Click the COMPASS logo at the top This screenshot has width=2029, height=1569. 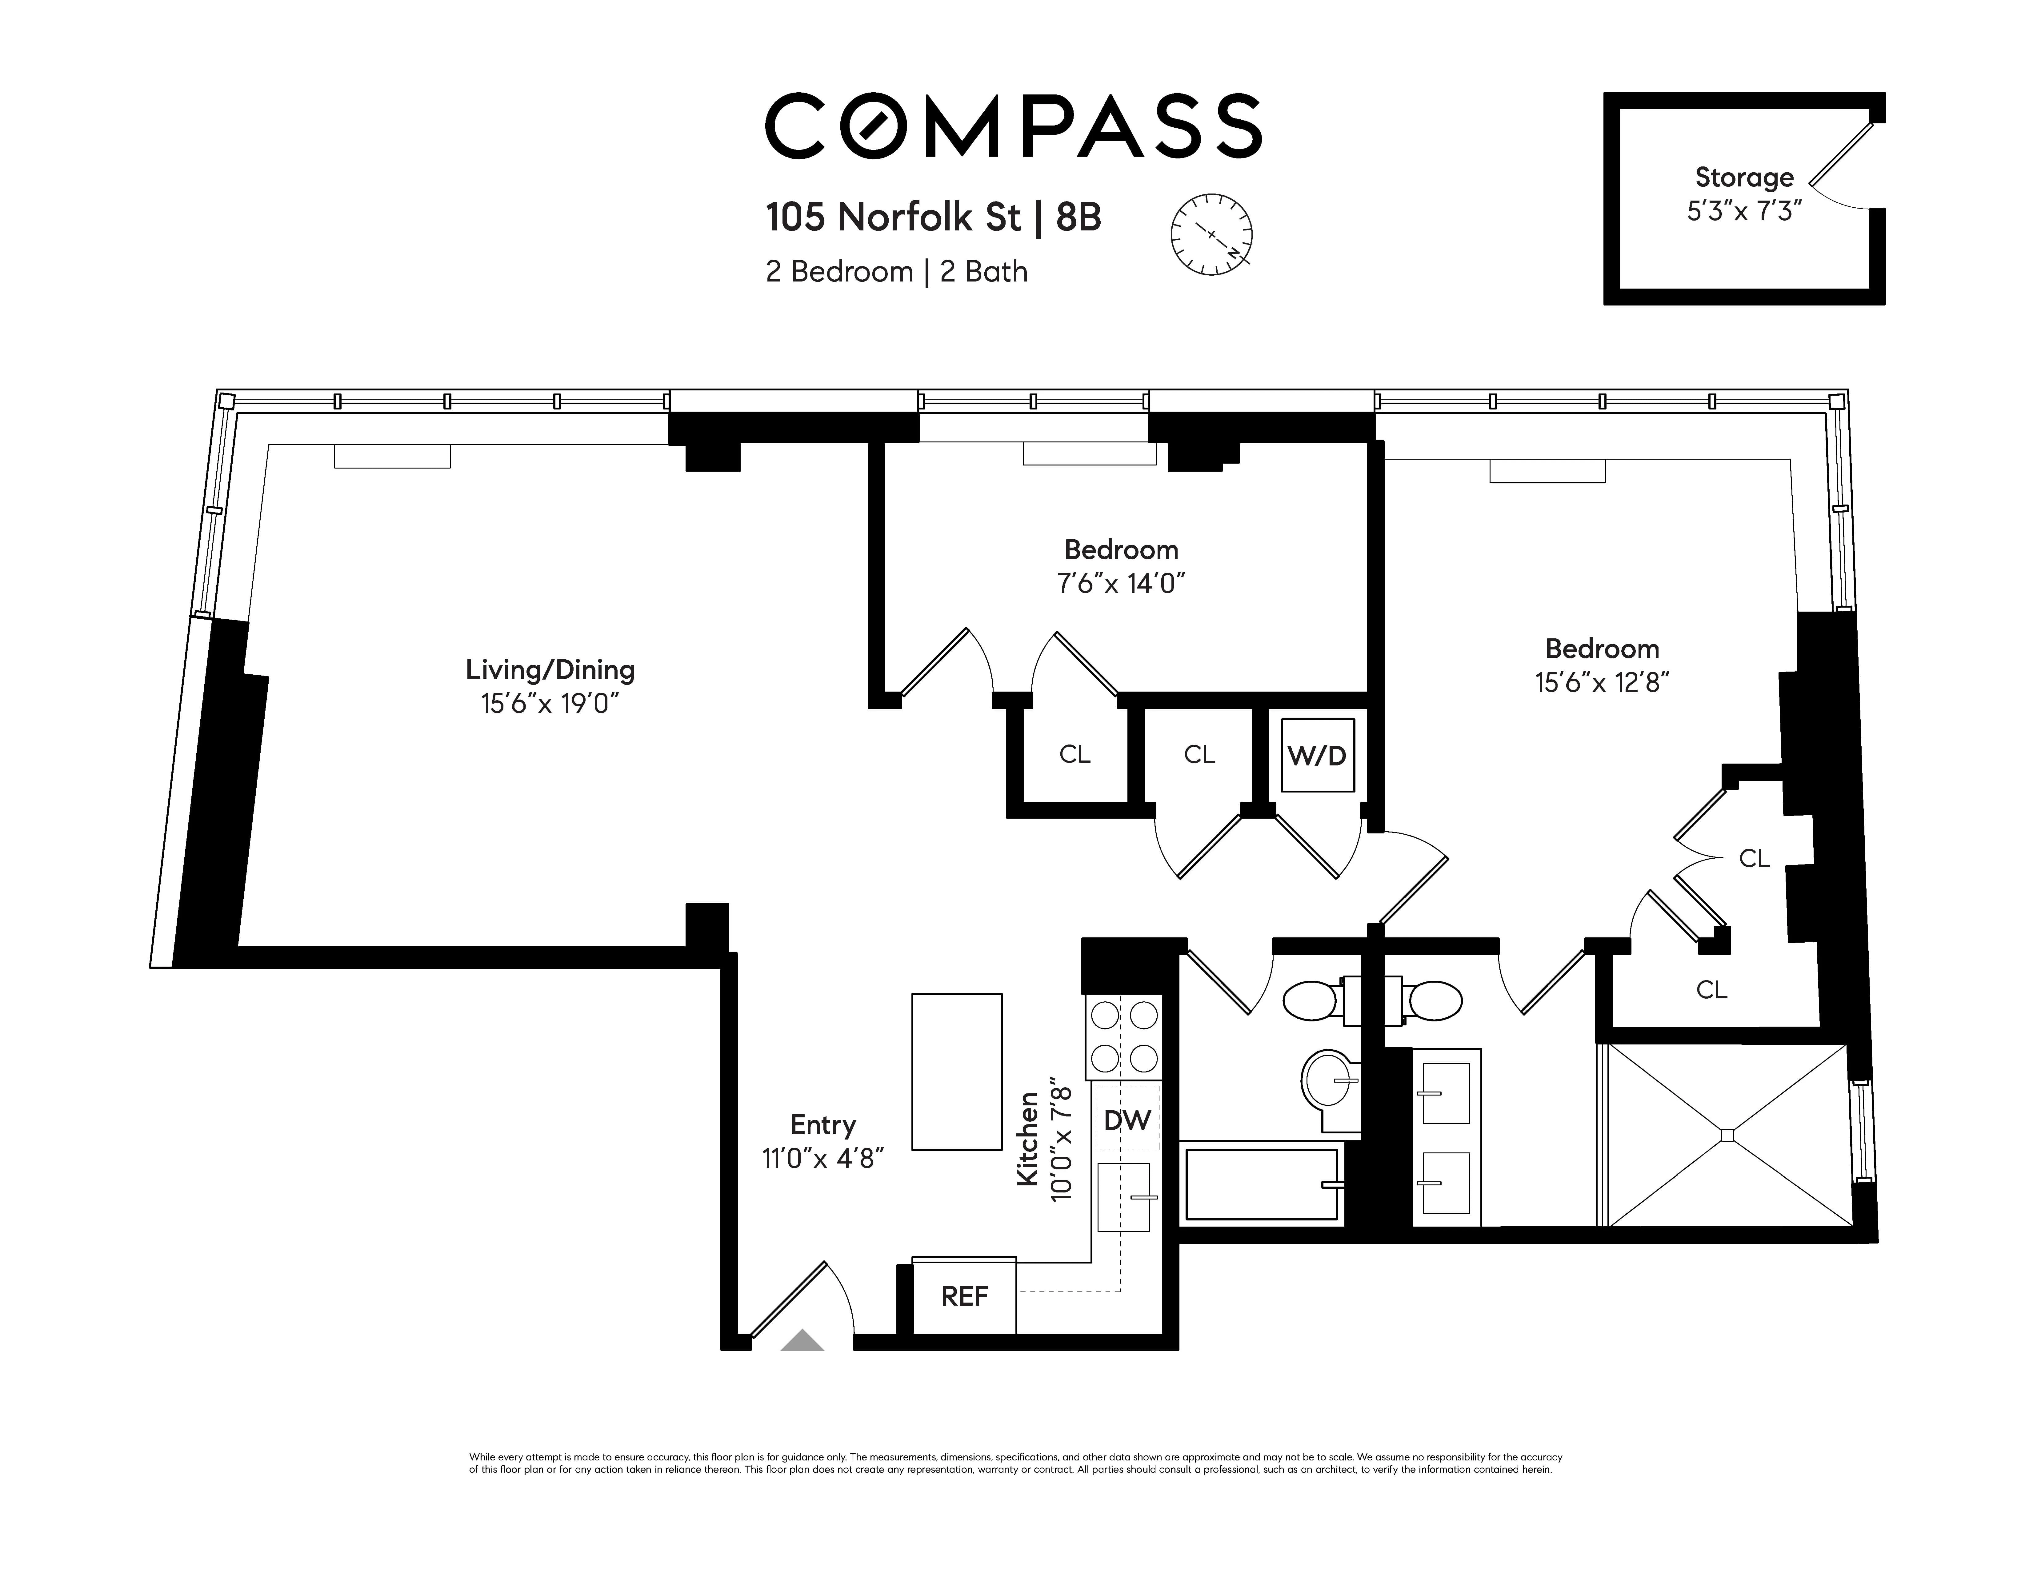(1013, 126)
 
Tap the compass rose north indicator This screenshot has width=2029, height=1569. (1211, 234)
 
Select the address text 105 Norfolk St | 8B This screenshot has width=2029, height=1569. (933, 218)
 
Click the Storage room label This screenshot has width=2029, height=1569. (1744, 177)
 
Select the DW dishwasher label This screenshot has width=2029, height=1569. (1127, 1120)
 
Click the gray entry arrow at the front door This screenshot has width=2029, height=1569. (802, 1340)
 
